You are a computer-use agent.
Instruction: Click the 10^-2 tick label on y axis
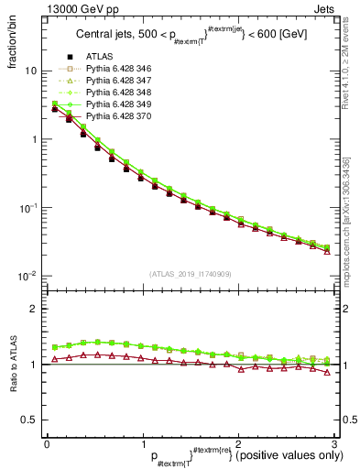pos(28,276)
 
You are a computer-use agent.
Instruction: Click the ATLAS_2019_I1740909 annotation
pos(189,274)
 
